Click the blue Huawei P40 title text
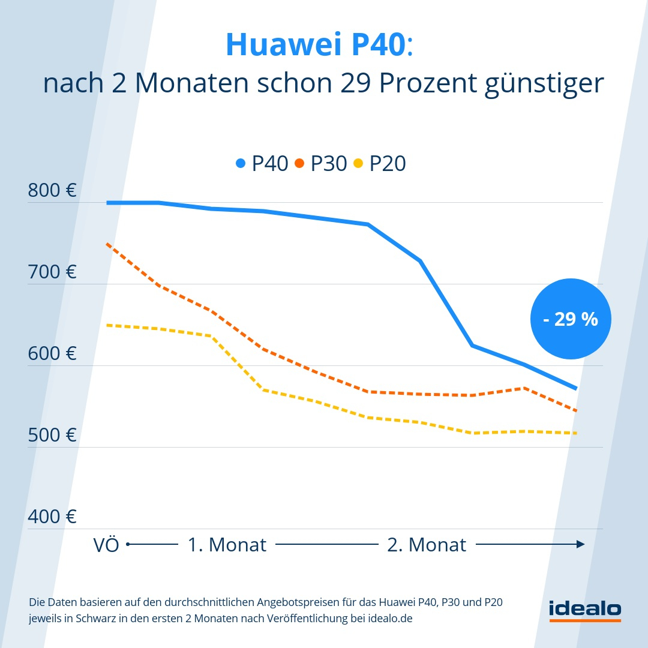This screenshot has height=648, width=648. tap(316, 45)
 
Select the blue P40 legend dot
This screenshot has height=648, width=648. tap(241, 163)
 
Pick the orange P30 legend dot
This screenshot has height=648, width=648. tap(300, 163)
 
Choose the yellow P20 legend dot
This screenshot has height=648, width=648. tap(359, 163)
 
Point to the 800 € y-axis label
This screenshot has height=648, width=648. tap(52, 191)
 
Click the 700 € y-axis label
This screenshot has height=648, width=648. tap(52, 272)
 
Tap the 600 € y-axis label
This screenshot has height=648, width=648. tap(52, 353)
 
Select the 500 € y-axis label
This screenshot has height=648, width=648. tap(52, 435)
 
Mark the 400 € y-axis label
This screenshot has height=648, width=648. tap(52, 517)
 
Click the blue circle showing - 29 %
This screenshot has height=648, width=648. tap(571, 319)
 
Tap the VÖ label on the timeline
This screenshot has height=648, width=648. tap(106, 545)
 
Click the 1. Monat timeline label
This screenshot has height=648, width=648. tap(227, 545)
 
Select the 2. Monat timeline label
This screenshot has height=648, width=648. tap(427, 545)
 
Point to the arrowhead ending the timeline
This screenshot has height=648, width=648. tap(580, 544)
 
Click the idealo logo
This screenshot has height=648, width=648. tap(585, 609)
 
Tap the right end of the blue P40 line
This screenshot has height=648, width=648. tap(575, 388)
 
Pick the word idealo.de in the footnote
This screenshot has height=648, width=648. tap(389, 619)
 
